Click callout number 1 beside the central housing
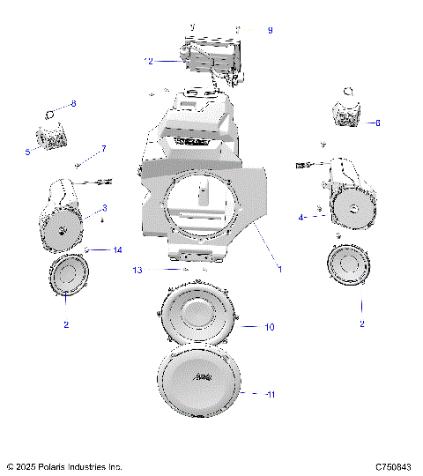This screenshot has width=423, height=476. (x=280, y=269)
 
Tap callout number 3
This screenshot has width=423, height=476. (x=104, y=208)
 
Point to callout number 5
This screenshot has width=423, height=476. (x=27, y=152)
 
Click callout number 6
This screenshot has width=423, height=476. (x=378, y=123)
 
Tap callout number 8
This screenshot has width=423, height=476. (x=73, y=104)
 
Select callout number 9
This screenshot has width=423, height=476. (x=270, y=31)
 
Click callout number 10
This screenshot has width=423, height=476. (x=270, y=327)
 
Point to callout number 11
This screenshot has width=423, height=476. (x=271, y=394)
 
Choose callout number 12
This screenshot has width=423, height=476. (x=149, y=61)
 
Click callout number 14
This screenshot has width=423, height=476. (x=117, y=250)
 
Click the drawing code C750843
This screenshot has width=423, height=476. (x=392, y=466)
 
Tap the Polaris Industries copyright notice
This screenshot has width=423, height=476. (x=64, y=466)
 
